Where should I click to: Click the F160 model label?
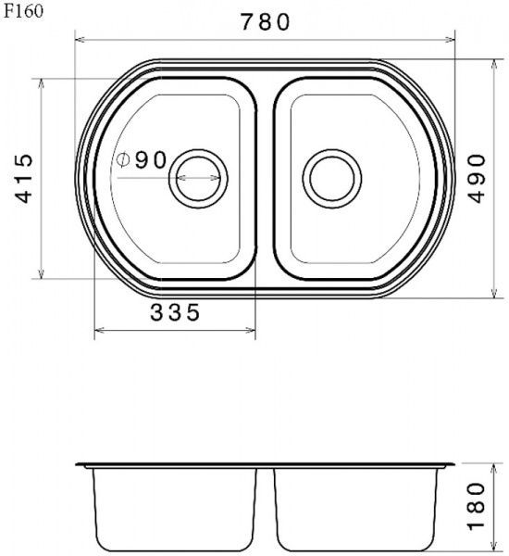coord(23,11)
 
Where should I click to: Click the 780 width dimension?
coord(266,22)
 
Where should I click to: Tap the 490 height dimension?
coord(478,178)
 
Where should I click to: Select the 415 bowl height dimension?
coord(24,178)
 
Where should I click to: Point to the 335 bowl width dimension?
coord(175,313)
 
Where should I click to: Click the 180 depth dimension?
coord(478,506)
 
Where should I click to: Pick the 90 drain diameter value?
coord(151,160)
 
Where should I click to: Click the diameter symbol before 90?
coord(123,160)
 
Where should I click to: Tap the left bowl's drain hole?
coord(198,178)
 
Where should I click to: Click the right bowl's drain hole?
coord(332,178)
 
